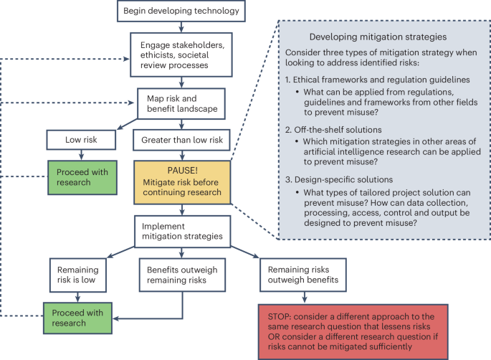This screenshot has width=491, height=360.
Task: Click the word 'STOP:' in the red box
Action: [279, 314]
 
